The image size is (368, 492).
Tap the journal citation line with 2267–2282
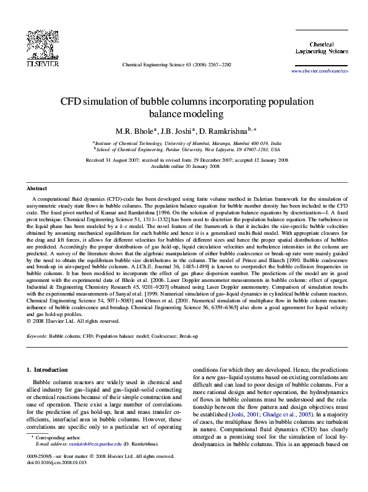coord(176,64)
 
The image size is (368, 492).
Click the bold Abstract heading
coord(36,188)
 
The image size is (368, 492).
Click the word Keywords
coord(37,336)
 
